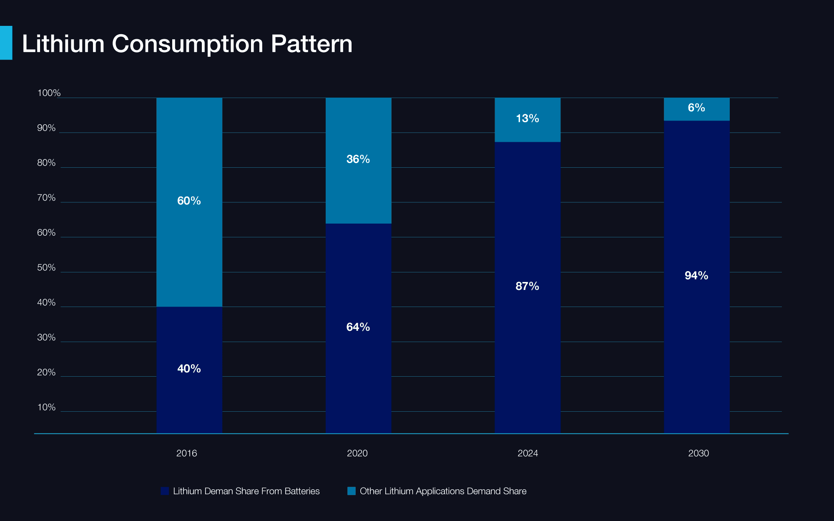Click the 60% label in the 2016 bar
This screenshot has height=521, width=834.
coord(189,201)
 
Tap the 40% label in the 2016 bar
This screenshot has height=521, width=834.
coord(189,368)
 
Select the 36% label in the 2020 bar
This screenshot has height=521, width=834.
coord(358,159)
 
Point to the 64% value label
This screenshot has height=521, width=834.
coord(358,327)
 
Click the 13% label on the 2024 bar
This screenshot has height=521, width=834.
coord(527,118)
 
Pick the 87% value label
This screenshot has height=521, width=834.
coord(527,286)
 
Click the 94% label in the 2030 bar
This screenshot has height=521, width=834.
coord(696,275)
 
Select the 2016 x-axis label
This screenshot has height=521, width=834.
coord(186,453)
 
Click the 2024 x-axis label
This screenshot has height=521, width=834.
coord(528,453)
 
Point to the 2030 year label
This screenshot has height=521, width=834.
coord(698,453)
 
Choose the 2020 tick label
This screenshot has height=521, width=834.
coord(357,453)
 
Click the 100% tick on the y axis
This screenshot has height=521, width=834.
coord(49,93)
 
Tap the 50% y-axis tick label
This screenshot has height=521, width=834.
coord(46,267)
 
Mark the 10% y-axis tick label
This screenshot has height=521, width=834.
coord(46,407)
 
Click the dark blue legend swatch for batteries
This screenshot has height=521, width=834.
coord(165,491)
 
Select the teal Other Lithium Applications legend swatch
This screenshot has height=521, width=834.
coord(352,491)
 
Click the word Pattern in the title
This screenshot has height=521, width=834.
coord(311,43)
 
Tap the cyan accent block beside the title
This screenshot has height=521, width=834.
coord(6,43)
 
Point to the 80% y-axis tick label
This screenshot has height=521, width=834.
coord(46,163)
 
